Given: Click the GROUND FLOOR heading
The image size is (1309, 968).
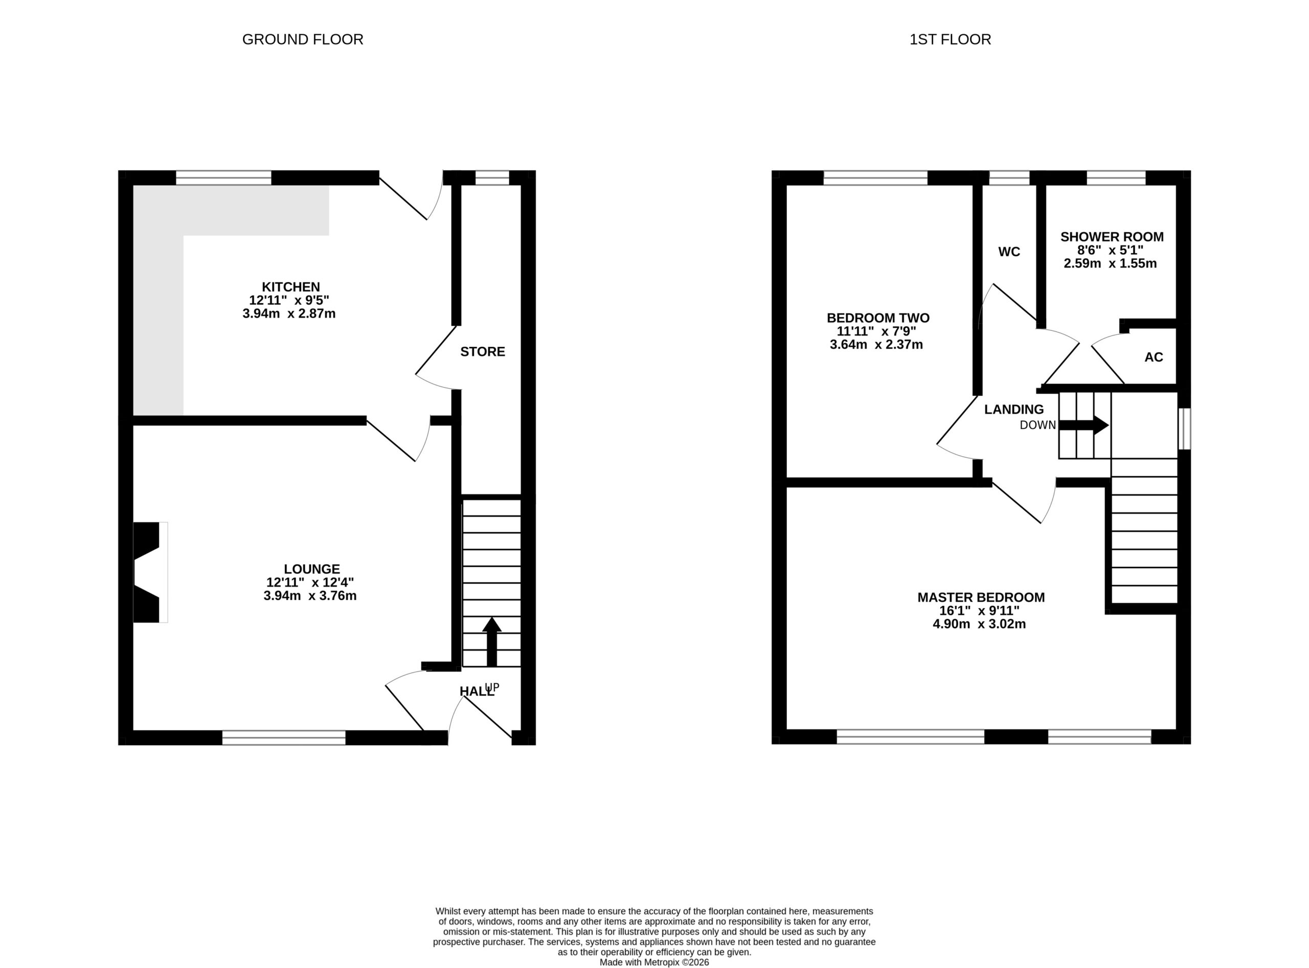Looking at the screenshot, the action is click(302, 39).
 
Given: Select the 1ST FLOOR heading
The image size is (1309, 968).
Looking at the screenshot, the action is click(950, 39).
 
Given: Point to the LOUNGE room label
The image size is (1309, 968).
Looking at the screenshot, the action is click(312, 569).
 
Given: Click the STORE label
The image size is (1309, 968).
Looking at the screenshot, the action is click(482, 352).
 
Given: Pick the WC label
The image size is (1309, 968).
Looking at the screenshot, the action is click(1009, 252).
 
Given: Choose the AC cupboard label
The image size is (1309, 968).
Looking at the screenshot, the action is click(1153, 357).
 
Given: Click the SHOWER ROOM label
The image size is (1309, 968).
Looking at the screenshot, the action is click(1112, 237).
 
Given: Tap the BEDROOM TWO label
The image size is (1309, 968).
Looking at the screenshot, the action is click(878, 318).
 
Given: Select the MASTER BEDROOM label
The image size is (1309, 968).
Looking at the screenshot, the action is click(981, 598).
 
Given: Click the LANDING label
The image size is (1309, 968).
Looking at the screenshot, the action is click(1013, 410).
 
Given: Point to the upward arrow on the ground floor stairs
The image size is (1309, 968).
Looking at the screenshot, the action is click(491, 642).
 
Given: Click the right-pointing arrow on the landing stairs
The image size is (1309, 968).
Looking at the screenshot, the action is click(1084, 425).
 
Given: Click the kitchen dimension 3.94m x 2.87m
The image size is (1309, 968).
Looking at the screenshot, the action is click(289, 314).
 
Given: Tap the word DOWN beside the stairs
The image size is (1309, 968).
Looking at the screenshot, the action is click(1037, 425).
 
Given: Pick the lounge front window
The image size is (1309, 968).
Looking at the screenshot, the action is click(284, 738).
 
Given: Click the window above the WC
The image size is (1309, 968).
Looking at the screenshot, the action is click(1009, 177).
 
